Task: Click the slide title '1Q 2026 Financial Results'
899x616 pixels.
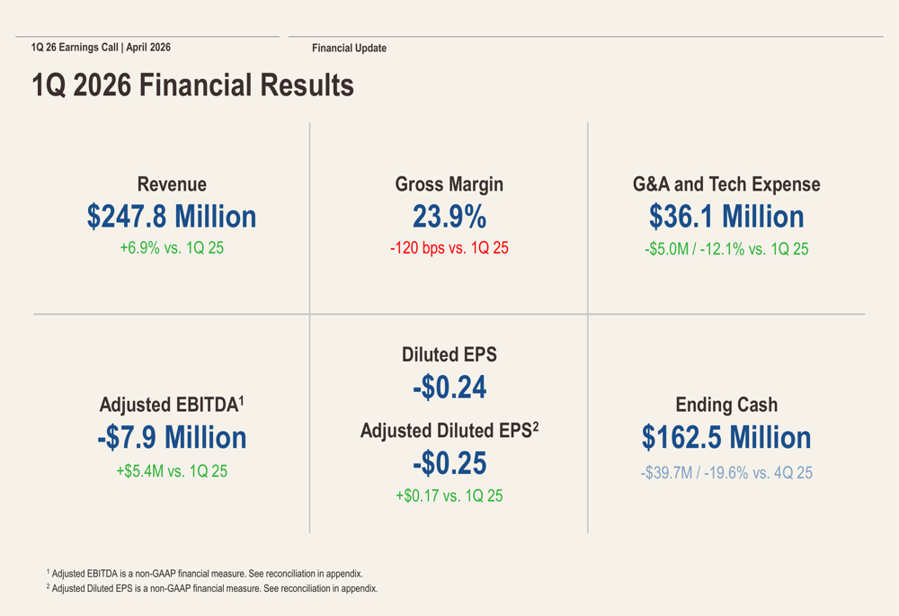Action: (192, 86)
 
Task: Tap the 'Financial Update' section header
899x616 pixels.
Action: (349, 49)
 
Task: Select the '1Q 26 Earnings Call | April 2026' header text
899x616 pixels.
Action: (101, 48)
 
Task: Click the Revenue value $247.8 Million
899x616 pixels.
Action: (172, 217)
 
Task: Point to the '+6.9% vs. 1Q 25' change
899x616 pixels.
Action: (172, 248)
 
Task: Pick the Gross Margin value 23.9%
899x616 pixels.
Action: (449, 217)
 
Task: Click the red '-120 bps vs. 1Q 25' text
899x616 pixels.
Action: (449, 248)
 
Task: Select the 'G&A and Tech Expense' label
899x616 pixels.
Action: (726, 184)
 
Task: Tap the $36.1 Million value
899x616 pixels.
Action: (726, 217)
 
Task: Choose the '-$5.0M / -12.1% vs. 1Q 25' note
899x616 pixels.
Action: (726, 249)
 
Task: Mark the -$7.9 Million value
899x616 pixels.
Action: (172, 438)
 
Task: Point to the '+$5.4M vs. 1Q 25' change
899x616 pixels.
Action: (172, 470)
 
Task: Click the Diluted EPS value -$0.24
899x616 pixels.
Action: (449, 388)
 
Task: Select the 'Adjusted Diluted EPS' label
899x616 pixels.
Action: (447, 432)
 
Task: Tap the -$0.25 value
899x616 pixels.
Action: (449, 463)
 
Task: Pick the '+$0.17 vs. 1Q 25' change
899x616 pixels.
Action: (449, 495)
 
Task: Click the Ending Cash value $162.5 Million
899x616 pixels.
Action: (726, 438)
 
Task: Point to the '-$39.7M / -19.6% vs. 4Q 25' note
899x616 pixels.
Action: (726, 473)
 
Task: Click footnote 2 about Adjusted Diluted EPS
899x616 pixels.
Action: (212, 589)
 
